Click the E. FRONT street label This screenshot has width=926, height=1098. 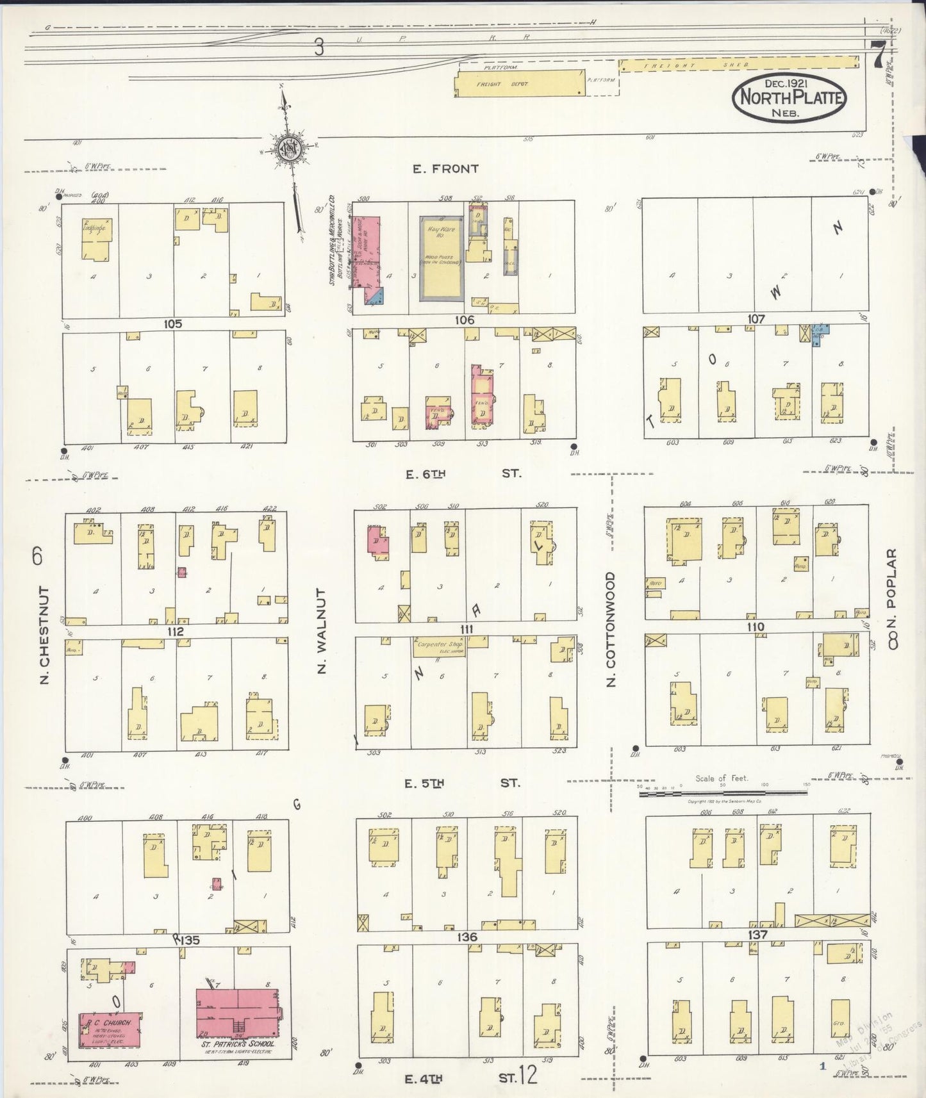click(445, 169)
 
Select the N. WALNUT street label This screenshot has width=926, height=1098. click(322, 632)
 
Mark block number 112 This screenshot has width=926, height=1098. click(176, 631)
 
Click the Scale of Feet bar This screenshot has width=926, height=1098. click(722, 793)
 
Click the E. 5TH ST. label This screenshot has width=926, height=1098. click(463, 783)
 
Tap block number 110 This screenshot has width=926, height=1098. click(756, 627)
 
